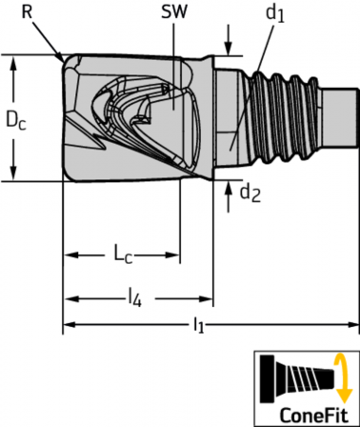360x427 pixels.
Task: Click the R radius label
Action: [x=27, y=11]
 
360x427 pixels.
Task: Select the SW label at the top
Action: [x=174, y=11]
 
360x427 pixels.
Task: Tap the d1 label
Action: [x=275, y=13]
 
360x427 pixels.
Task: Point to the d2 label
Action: [x=250, y=193]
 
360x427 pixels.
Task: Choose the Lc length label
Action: [x=123, y=254]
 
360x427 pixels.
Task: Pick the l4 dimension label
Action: [x=134, y=298]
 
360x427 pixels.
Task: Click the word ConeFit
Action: [x=314, y=415]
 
